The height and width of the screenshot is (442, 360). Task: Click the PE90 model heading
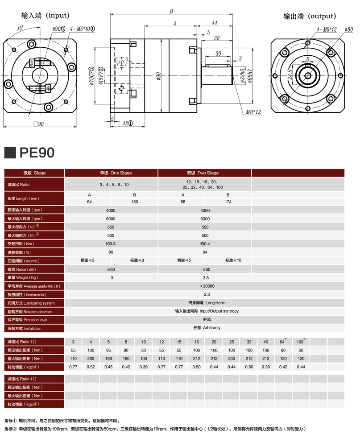[37, 153]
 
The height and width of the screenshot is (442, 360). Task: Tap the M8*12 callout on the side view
[253, 112]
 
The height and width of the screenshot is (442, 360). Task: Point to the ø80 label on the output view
[349, 29]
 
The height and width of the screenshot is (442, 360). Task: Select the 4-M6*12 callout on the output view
[327, 29]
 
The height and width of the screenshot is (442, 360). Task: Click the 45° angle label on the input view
[21, 28]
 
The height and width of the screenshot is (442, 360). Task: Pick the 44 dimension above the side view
[214, 23]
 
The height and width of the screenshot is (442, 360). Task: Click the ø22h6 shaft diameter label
[242, 75]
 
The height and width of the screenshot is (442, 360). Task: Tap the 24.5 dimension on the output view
[290, 74]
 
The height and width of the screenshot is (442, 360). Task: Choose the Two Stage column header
[203, 173]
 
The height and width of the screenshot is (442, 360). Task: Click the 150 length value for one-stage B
[134, 202]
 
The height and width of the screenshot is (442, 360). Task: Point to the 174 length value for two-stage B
[228, 202]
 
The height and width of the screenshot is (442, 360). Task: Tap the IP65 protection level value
[207, 319]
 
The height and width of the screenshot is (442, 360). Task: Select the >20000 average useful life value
[207, 286]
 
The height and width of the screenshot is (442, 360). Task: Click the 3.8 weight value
[206, 278]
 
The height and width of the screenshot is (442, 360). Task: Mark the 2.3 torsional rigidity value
[207, 294]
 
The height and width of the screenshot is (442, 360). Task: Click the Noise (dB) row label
[22, 269]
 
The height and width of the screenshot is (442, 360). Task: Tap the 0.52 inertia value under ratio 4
[91, 367]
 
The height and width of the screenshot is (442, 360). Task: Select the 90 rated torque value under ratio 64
[283, 351]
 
